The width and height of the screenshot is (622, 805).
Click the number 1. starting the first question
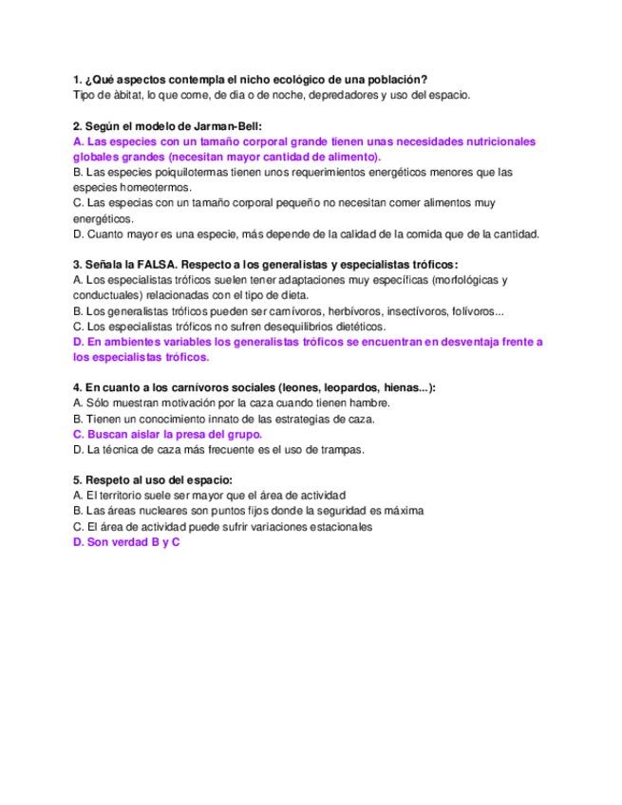pos(77,79)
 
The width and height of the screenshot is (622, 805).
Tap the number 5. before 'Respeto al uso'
pos(77,480)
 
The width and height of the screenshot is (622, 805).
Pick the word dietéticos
pos(356,326)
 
